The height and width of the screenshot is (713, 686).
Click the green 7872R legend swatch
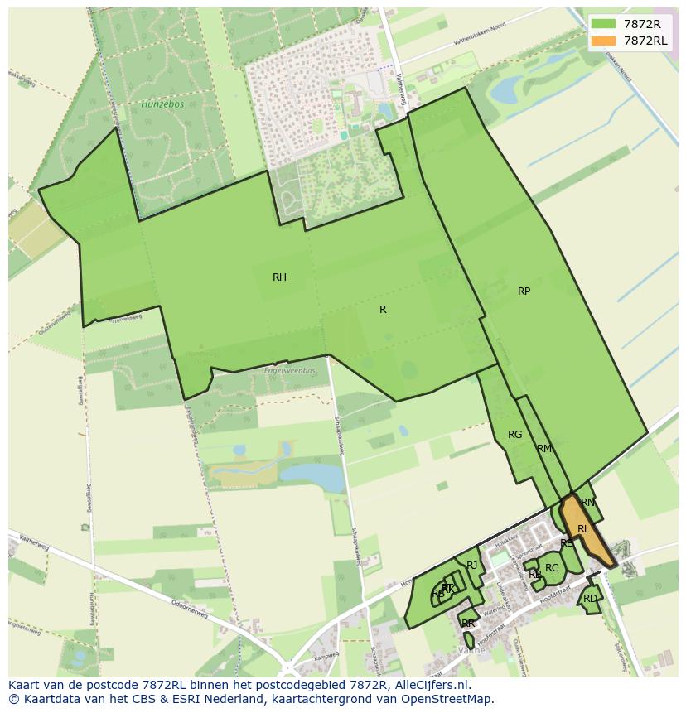click(x=603, y=24)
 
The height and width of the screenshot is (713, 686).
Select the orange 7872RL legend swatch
click(x=603, y=41)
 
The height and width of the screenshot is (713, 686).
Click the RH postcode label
click(x=279, y=277)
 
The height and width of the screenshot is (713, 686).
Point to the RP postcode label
click(x=524, y=291)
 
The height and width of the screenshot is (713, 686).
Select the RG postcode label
click(x=514, y=435)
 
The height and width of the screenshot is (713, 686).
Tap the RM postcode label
click(x=543, y=449)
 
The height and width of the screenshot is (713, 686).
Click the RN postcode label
click(x=587, y=503)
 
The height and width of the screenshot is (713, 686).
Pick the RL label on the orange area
click(x=583, y=529)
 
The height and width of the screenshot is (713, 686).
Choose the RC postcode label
click(x=552, y=568)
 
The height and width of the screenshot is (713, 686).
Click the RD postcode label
click(x=590, y=599)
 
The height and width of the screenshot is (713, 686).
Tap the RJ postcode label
click(x=472, y=566)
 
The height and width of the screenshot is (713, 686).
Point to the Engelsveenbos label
click(x=289, y=370)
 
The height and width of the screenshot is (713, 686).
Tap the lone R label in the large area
click(x=383, y=310)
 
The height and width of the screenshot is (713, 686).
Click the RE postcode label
click(x=567, y=544)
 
